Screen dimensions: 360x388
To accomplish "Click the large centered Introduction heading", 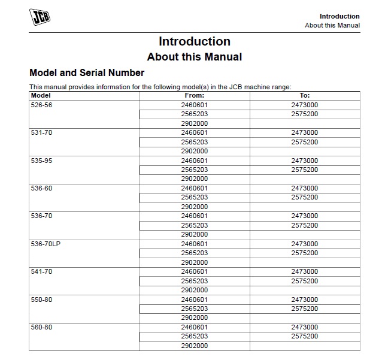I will pyautogui.click(x=194, y=41).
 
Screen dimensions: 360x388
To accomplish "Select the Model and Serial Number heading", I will pyautogui.click(x=87, y=73).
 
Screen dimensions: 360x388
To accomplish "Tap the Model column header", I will pyautogui.click(x=41, y=95).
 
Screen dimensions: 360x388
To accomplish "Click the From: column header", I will pyautogui.click(x=195, y=95).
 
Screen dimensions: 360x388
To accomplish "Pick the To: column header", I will pyautogui.click(x=305, y=95).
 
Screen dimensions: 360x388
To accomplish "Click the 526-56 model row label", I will pyautogui.click(x=41, y=105).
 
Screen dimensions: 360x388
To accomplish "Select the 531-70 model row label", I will pyautogui.click(x=41, y=132).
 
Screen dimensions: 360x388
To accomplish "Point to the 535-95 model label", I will pyautogui.click(x=41, y=161).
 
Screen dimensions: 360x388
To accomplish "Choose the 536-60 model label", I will pyautogui.click(x=41, y=188).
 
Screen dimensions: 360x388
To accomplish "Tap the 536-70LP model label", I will pyautogui.click(x=45, y=244).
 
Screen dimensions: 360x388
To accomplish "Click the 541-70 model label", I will pyautogui.click(x=41, y=271).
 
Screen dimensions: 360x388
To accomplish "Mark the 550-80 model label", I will pyautogui.click(x=41, y=300).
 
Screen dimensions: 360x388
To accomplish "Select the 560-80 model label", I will pyautogui.click(x=41, y=327).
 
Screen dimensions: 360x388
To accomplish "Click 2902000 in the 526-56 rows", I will pyautogui.click(x=195, y=123).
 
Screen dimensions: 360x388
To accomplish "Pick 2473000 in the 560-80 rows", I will pyautogui.click(x=305, y=327).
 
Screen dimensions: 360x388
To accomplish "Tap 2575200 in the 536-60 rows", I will pyautogui.click(x=305, y=197).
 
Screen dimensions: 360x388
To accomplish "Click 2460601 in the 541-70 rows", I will pyautogui.click(x=195, y=271).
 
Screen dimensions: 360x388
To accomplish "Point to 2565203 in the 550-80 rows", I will pyautogui.click(x=195, y=308).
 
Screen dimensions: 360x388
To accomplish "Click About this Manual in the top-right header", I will pyautogui.click(x=332, y=25).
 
